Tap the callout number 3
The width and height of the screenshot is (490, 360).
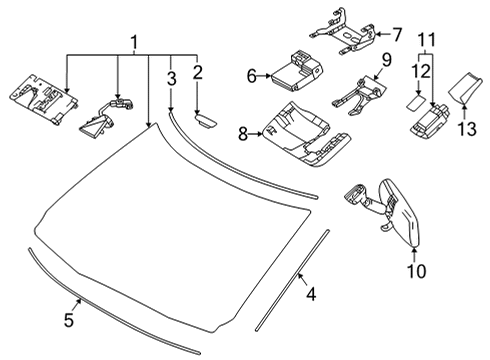tap(171, 78)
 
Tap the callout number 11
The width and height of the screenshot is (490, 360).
tap(427, 40)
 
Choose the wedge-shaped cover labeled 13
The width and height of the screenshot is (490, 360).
tap(464, 89)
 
